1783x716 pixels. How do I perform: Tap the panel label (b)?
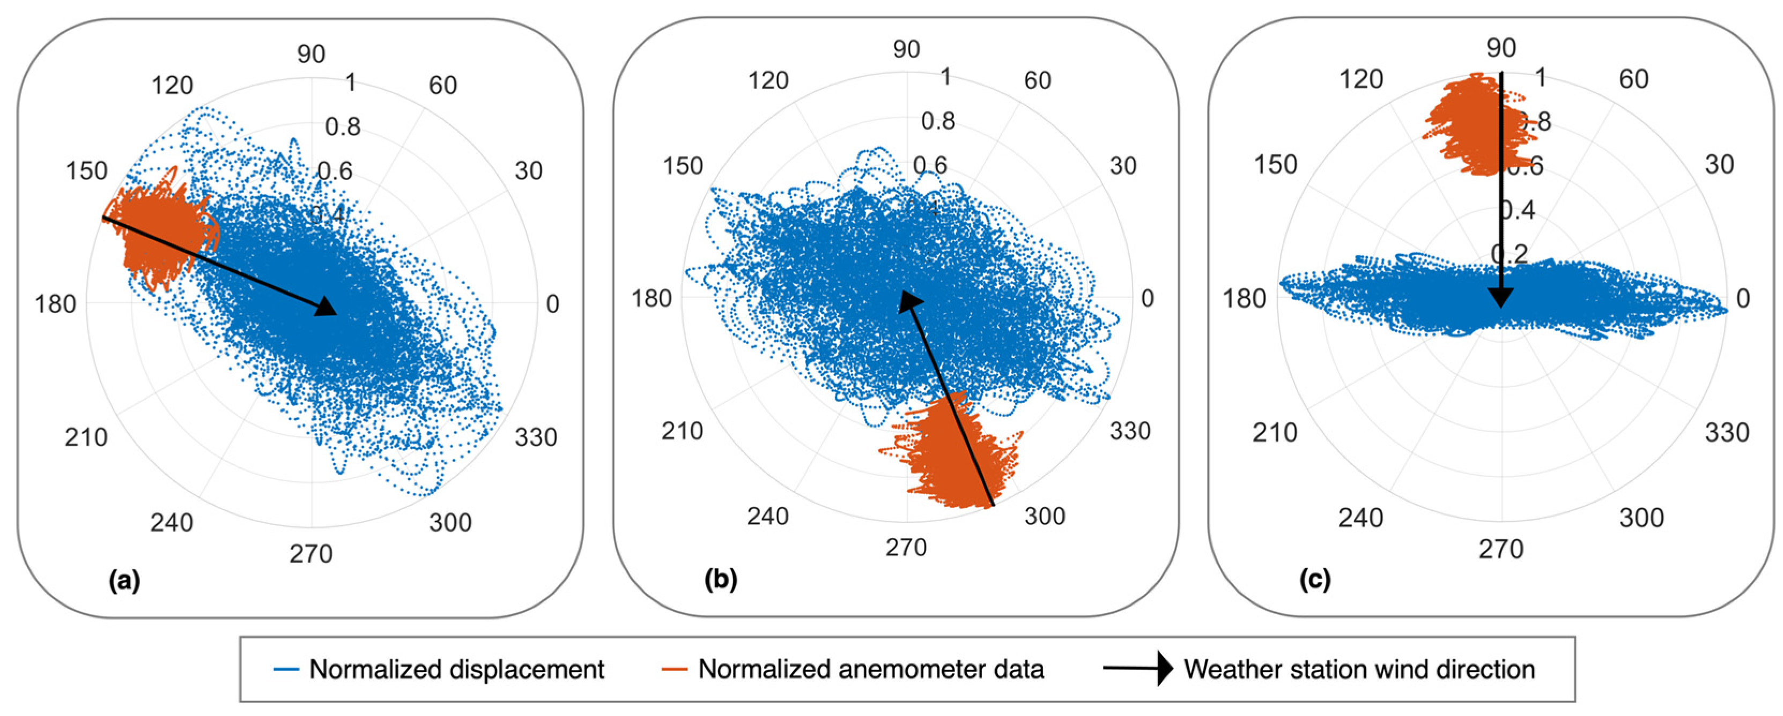pos(721,580)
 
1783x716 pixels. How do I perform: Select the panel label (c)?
pos(1314,580)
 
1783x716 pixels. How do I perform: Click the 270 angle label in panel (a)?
pos(311,554)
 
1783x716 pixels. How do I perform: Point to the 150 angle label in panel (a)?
pos(86,171)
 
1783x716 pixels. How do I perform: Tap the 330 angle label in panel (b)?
pos(1130,431)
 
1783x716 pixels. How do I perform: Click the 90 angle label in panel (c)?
pos(1501,48)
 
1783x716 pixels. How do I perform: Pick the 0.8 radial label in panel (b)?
pos(938,121)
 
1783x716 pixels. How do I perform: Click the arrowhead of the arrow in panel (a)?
pos(327,307)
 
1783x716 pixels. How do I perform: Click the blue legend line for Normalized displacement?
pos(286,669)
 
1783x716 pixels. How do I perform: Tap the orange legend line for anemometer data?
pos(674,669)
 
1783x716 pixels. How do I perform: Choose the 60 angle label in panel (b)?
pos(1038,80)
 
